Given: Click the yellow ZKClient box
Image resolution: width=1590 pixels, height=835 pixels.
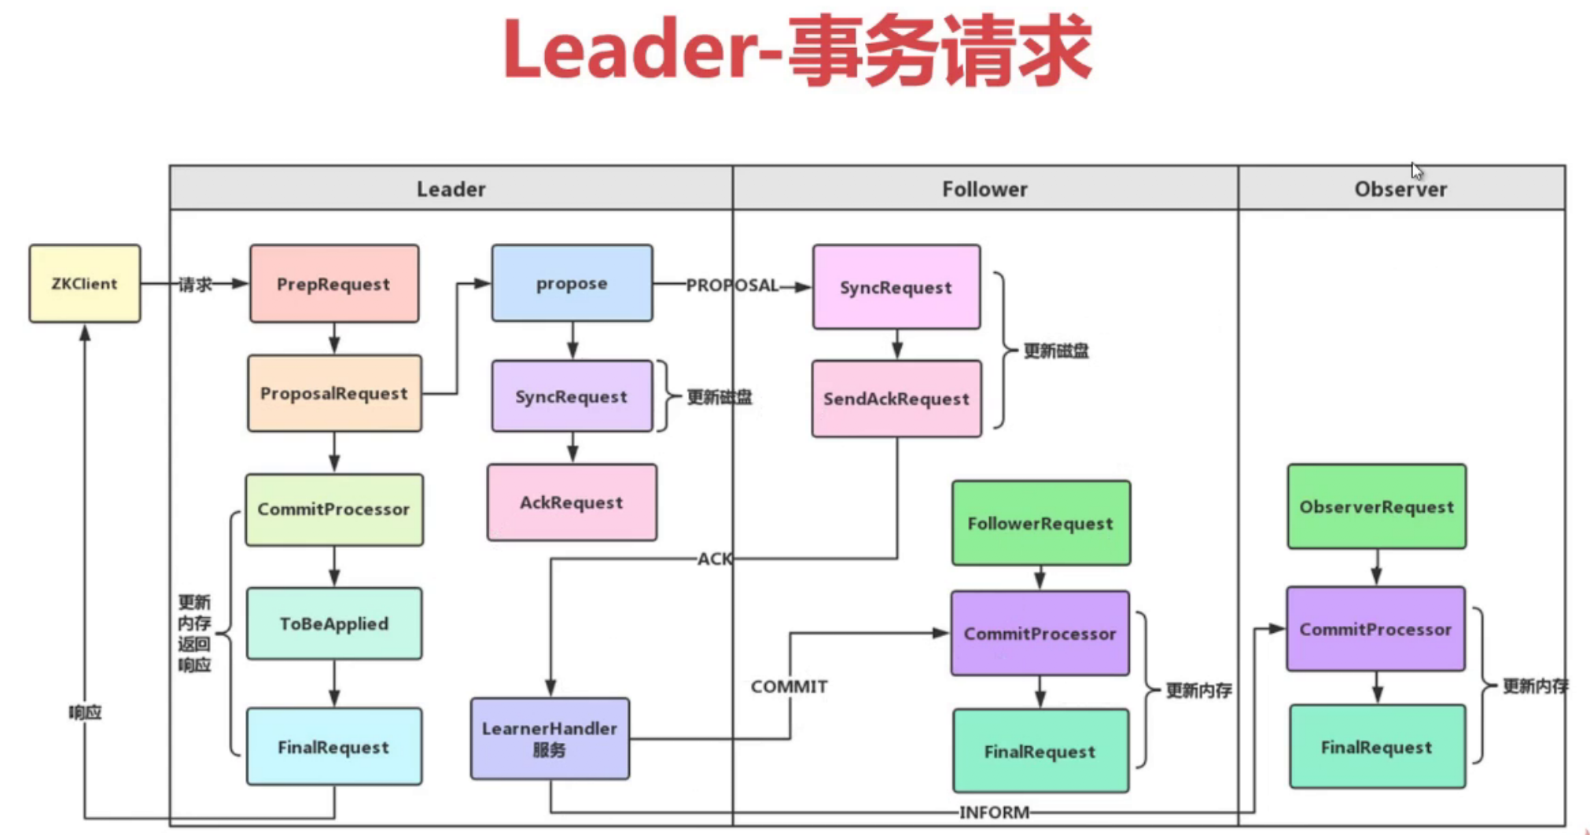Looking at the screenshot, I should click(x=85, y=283).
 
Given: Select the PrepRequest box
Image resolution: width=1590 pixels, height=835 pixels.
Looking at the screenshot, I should click(x=334, y=283).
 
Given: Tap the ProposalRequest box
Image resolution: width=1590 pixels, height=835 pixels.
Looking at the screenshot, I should click(x=334, y=393).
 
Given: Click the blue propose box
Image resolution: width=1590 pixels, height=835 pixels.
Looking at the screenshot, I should click(x=572, y=283).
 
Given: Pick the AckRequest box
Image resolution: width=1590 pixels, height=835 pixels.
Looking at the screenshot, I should click(x=572, y=502).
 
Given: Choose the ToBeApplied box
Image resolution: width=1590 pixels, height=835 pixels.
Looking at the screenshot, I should click(x=334, y=623).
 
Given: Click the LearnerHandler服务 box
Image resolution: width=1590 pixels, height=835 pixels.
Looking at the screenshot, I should click(x=550, y=738).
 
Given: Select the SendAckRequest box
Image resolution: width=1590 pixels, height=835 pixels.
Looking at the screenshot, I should click(x=896, y=399).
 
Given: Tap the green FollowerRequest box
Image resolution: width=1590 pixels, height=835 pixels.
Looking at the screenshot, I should click(x=1040, y=524).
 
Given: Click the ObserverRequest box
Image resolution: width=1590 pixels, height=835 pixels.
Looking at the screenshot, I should click(x=1376, y=507).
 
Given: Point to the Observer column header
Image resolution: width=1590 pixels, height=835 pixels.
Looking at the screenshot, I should click(x=1400, y=189).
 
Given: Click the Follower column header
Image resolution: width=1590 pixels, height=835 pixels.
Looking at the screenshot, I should click(x=985, y=189).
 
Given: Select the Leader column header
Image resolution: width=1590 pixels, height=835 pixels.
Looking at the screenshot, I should click(x=451, y=189).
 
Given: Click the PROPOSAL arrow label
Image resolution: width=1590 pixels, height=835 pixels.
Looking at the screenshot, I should click(x=731, y=285).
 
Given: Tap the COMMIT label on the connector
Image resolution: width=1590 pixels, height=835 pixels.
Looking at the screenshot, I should click(x=789, y=686).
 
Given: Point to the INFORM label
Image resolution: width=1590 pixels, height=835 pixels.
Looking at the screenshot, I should click(x=994, y=812).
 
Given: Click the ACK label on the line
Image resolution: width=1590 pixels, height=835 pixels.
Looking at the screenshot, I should click(x=714, y=559).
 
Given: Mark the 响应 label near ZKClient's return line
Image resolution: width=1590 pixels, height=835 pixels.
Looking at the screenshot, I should click(x=85, y=712).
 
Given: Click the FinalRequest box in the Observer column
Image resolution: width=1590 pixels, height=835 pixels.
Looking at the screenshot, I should click(x=1376, y=747).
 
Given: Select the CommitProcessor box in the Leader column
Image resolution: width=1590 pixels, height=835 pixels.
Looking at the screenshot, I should click(x=334, y=509).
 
